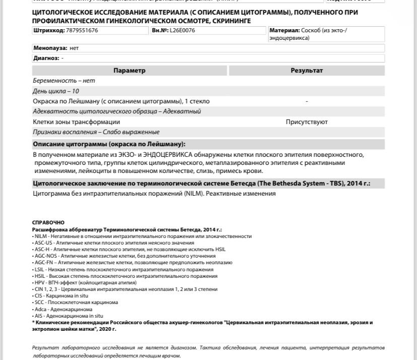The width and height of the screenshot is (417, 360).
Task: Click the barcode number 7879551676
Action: [x=82, y=31]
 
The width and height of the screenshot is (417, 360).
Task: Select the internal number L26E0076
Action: [x=182, y=31]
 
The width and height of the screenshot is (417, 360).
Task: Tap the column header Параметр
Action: [x=129, y=71]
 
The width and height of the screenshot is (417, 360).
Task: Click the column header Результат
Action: [x=307, y=71]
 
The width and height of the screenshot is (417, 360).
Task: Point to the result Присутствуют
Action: [x=307, y=122]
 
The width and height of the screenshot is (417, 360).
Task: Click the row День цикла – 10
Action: [x=56, y=91]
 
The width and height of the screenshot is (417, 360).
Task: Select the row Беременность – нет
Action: [x=64, y=81]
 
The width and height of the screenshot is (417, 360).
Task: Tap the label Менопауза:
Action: [x=50, y=48]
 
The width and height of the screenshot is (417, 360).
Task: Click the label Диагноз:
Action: [x=46, y=58]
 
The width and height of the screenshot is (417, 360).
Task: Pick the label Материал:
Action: [x=285, y=31]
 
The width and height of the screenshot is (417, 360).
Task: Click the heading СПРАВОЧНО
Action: [x=48, y=222]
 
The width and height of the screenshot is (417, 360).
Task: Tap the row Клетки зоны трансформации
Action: [x=77, y=122]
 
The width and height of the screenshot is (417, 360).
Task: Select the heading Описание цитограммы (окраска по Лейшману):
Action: [x=109, y=144]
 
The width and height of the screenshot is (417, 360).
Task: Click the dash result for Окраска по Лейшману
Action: [x=307, y=101]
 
